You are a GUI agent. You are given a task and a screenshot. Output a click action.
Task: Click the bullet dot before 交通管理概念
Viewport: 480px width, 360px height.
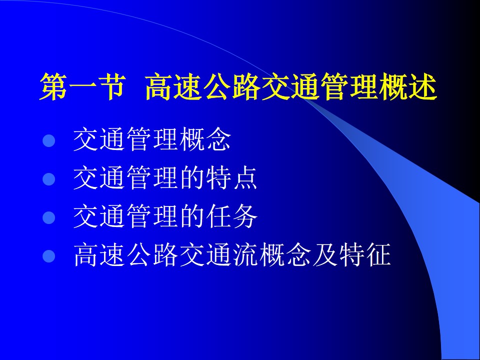[x=49, y=141]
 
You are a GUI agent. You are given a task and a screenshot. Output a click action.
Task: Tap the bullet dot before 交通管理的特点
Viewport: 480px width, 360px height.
[x=49, y=179]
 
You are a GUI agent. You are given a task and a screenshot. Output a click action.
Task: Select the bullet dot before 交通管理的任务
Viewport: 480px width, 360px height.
[x=49, y=217]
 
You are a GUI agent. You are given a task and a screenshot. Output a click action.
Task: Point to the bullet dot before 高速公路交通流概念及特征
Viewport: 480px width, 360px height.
[x=49, y=256]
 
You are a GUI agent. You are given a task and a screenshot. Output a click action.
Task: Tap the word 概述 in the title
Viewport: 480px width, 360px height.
[x=408, y=86]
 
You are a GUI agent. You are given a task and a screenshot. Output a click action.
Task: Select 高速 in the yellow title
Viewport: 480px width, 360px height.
[x=174, y=86]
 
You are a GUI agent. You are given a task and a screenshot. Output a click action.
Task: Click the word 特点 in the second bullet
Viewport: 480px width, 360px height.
[x=231, y=177]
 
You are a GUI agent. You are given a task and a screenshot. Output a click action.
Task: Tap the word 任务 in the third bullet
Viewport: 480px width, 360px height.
[x=231, y=216]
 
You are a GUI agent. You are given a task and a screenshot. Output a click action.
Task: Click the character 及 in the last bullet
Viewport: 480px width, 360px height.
[x=325, y=254]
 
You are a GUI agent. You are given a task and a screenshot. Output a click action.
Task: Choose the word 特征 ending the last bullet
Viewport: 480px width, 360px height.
[x=364, y=254]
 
